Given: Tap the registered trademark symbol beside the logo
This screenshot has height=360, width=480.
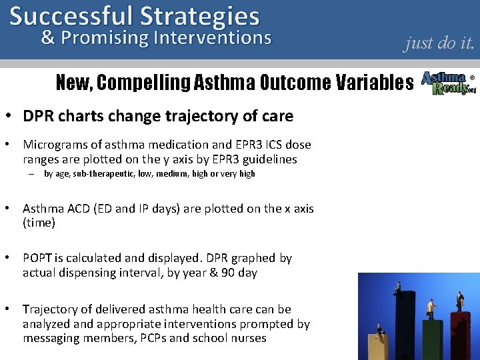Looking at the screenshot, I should (472, 77).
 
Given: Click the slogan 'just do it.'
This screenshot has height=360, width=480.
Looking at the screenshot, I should (439, 43).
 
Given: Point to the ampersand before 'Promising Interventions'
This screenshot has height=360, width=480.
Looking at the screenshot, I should (48, 37).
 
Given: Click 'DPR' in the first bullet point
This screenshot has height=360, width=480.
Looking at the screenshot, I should (36, 116).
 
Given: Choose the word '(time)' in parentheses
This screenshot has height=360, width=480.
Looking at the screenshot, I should (39, 223).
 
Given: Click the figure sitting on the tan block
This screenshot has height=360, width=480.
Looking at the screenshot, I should (379, 329).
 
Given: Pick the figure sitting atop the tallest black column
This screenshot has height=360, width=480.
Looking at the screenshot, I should (398, 288).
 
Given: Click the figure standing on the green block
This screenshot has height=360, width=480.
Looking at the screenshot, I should (431, 308).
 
